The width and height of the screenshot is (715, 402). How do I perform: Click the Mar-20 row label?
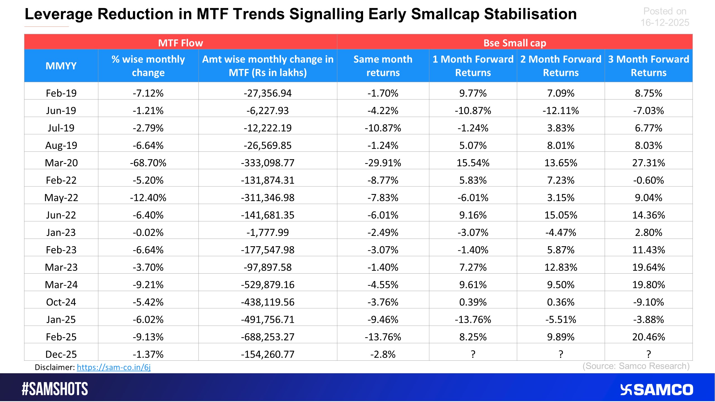61,163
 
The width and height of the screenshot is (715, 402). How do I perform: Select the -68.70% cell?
148,163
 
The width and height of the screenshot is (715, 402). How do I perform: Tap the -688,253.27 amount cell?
268,337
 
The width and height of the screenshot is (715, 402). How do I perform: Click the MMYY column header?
61,66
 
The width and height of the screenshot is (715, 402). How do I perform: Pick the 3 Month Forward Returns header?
649,66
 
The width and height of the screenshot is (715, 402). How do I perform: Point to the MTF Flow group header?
180,43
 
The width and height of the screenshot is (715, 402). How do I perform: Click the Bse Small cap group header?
514,43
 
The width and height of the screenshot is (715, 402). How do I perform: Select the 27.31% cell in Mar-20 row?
649,163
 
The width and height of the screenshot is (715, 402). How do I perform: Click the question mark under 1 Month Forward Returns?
473,354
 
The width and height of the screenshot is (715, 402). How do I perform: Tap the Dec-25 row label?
61,354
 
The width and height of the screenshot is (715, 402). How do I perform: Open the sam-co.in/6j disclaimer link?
114,367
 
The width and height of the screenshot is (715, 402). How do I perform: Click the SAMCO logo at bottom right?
656,390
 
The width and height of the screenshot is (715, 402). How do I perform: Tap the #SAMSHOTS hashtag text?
55,389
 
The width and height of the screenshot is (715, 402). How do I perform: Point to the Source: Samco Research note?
636,366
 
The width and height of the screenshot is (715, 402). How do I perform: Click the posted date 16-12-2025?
665,23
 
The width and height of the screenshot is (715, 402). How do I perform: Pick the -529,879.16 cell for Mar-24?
268,285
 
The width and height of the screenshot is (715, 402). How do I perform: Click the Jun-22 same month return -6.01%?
383,215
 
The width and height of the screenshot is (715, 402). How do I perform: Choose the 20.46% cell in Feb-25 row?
649,337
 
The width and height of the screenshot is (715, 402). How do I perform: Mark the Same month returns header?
383,66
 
